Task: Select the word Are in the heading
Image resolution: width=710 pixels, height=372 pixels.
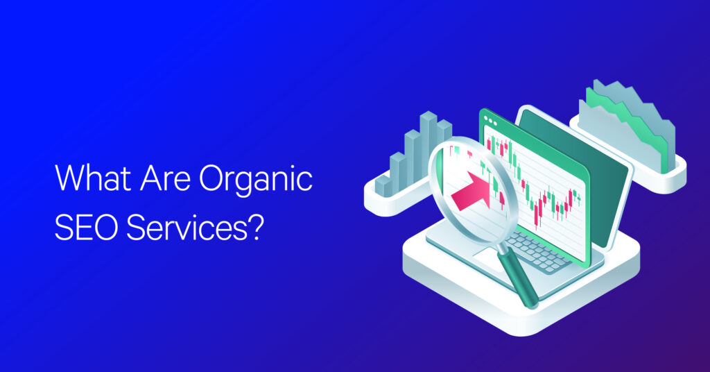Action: coord(165,178)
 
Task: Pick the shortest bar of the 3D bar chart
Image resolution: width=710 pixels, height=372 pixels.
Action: coord(383,186)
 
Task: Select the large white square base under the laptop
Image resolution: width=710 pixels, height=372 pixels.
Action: coord(521,290)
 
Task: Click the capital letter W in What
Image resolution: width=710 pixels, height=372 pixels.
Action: coord(68,178)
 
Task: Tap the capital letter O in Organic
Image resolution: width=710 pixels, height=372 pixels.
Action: coord(212,178)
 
